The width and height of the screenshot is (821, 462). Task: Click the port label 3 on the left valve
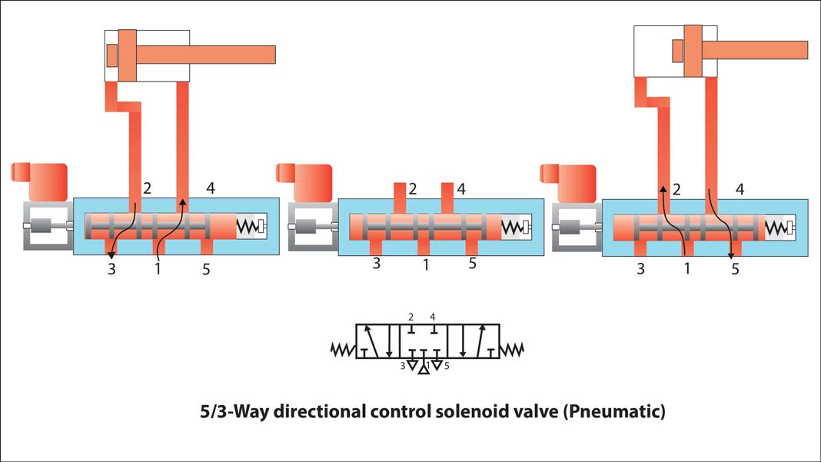point(113,269)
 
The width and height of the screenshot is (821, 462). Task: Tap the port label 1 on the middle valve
point(425,264)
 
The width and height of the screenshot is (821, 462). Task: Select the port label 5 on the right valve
point(736,269)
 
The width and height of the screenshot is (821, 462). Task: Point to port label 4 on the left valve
point(211,187)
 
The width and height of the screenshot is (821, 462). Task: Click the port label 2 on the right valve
point(677,189)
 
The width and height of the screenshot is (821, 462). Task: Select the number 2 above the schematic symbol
point(411,317)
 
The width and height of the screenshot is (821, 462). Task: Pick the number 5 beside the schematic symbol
point(447,366)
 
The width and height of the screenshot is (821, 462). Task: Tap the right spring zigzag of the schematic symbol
point(511,351)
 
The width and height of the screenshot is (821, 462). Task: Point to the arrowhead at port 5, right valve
point(730,256)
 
